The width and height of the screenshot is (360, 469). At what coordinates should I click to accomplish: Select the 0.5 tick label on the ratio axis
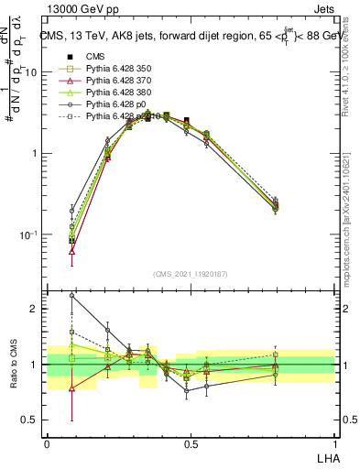point(33,420)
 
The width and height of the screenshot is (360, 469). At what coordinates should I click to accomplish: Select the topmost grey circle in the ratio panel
point(72,296)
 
